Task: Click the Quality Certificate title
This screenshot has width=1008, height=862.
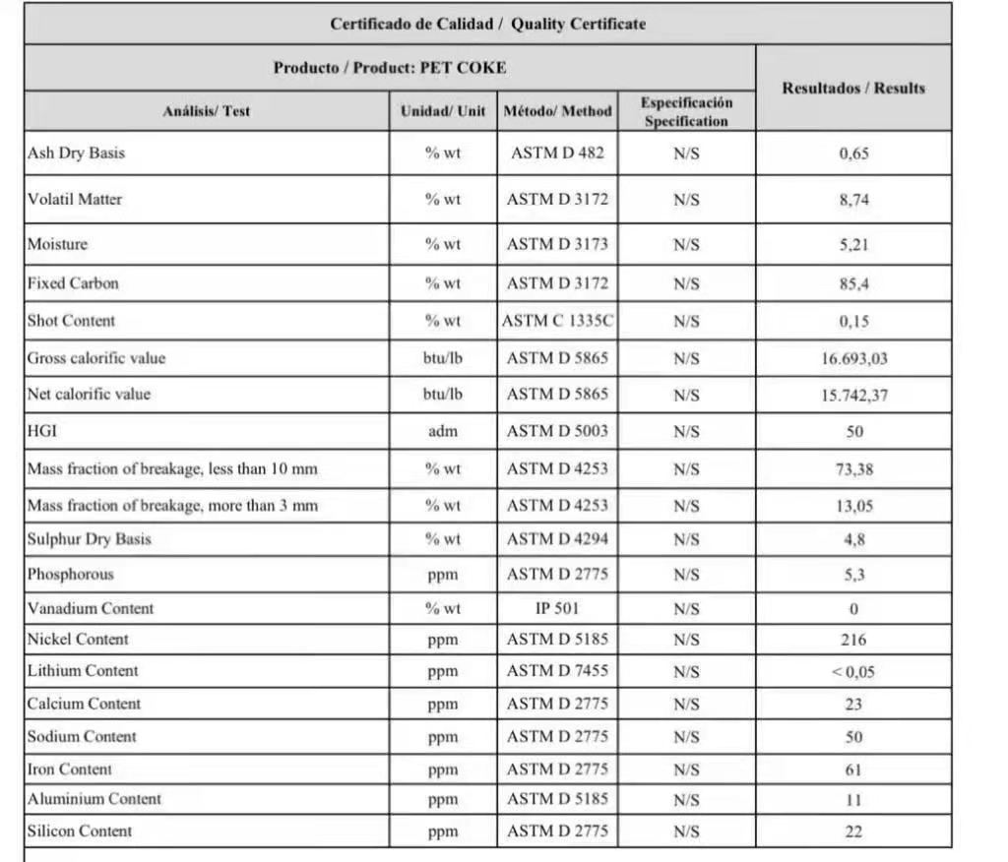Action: tap(487, 24)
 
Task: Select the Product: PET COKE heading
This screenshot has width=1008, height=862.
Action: tap(390, 68)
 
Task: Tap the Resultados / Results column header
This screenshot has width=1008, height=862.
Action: tap(853, 88)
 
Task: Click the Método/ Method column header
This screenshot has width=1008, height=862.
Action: tap(557, 111)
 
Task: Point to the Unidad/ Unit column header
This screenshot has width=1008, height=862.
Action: tap(443, 111)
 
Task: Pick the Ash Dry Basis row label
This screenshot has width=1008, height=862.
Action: tap(77, 154)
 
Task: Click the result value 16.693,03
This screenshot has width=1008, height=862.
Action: tap(853, 358)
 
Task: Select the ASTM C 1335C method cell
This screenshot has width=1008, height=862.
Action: tap(557, 321)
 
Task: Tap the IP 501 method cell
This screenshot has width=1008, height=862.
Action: tap(557, 608)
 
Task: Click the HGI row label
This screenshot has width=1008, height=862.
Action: tap(41, 431)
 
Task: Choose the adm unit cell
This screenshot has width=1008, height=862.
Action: tap(443, 431)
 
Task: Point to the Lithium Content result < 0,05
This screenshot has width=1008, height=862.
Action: tap(853, 672)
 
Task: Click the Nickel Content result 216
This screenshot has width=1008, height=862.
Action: tap(853, 640)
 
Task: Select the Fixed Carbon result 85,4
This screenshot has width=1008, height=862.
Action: tap(853, 284)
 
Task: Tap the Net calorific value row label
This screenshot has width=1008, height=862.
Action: tap(90, 395)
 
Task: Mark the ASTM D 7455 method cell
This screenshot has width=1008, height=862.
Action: tap(557, 672)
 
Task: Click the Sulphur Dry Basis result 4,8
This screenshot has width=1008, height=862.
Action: tap(853, 539)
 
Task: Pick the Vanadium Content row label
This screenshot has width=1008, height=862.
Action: tap(91, 608)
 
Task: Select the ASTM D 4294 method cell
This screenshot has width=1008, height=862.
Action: tap(557, 539)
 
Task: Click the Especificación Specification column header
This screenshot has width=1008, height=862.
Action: tap(686, 111)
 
